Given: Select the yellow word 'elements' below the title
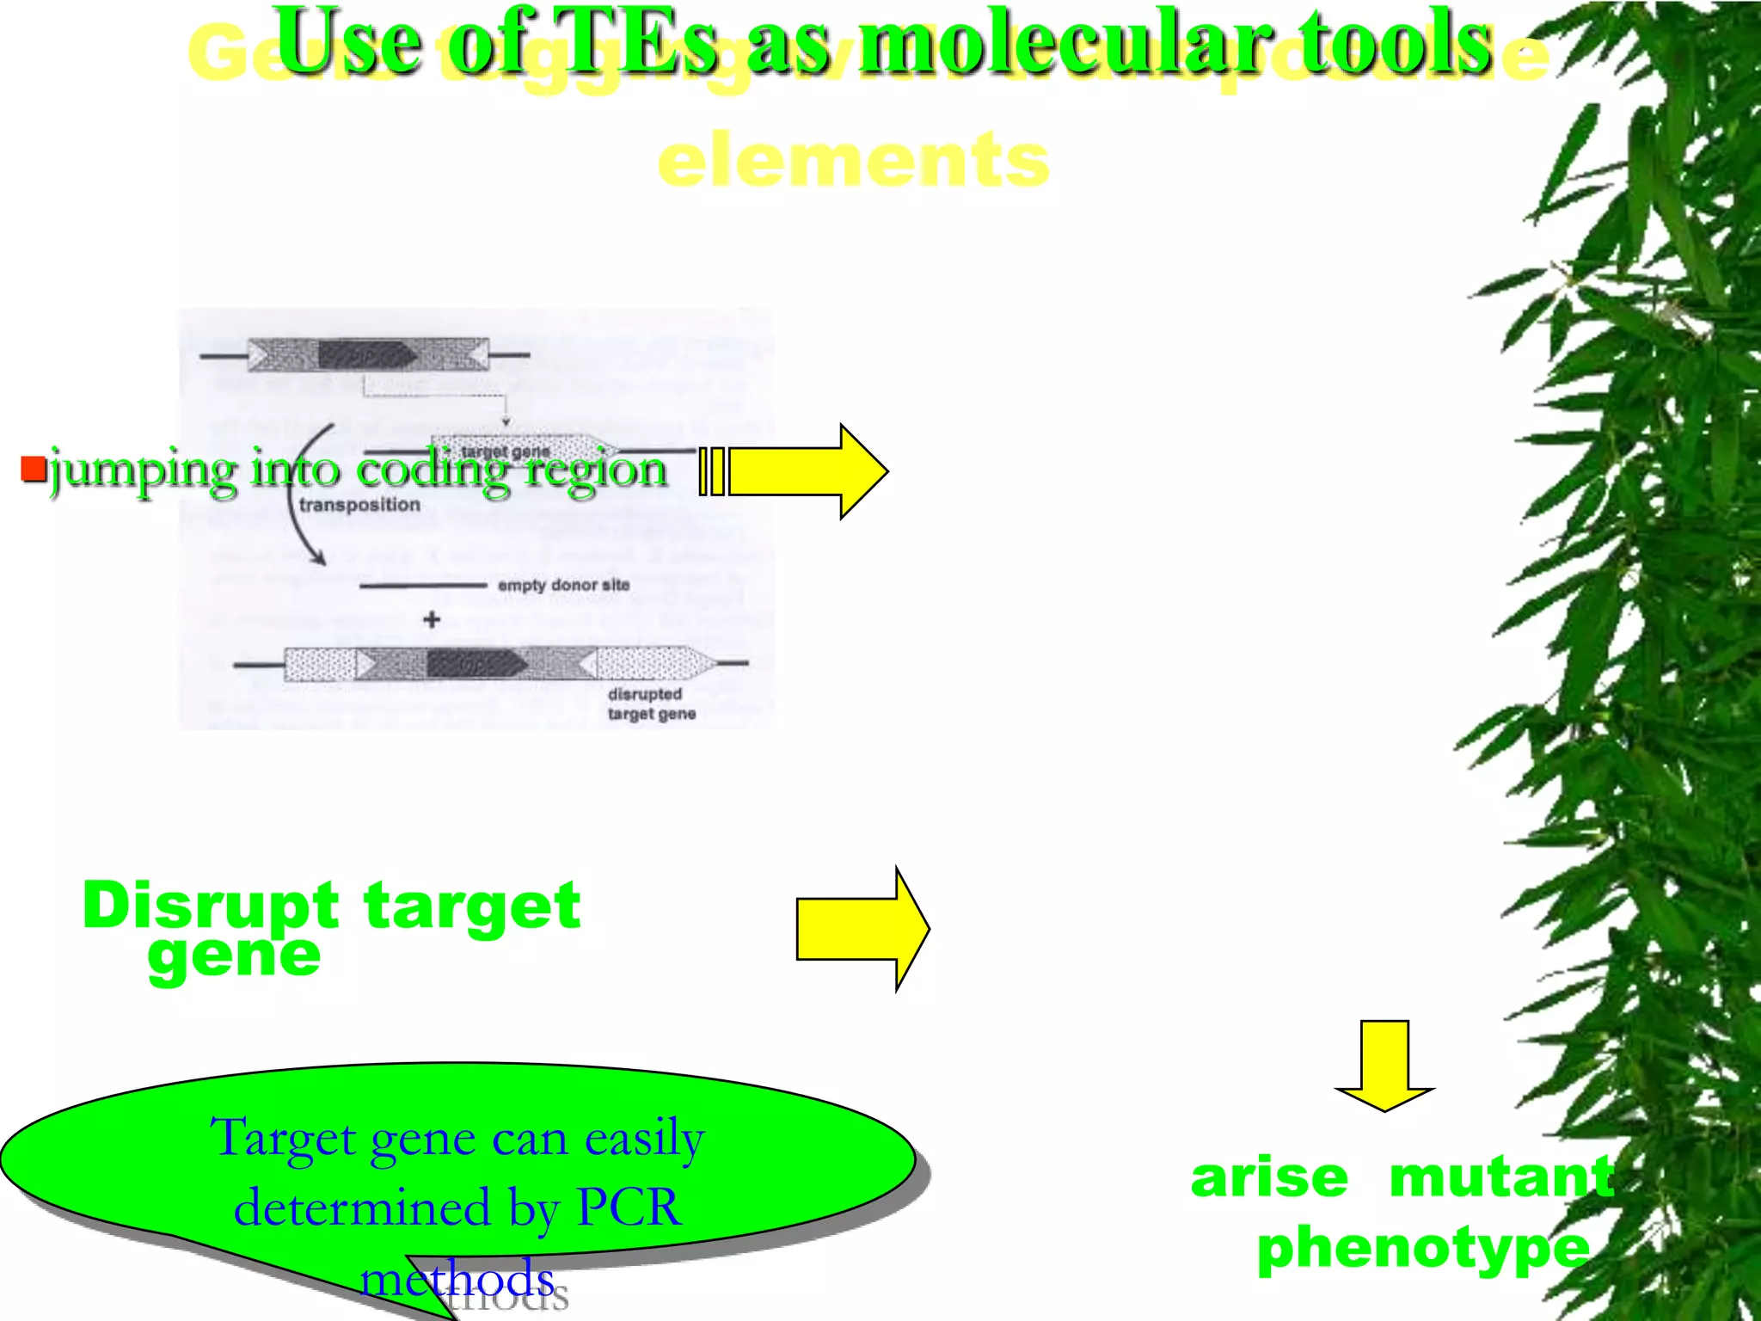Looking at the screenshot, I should pos(853,161).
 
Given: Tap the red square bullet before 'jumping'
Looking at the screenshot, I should pos(33,469).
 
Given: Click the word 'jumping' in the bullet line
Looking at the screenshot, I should pos(142,471).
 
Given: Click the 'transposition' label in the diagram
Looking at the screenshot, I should pos(359,505).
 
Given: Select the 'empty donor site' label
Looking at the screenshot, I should pos(563,585).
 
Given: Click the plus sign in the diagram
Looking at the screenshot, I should pos(432,619).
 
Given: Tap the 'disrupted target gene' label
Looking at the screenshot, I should pos(651,704).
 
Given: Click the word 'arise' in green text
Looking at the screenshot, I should pos(1269,1177).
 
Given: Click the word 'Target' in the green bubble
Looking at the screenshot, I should pos(284,1137).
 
